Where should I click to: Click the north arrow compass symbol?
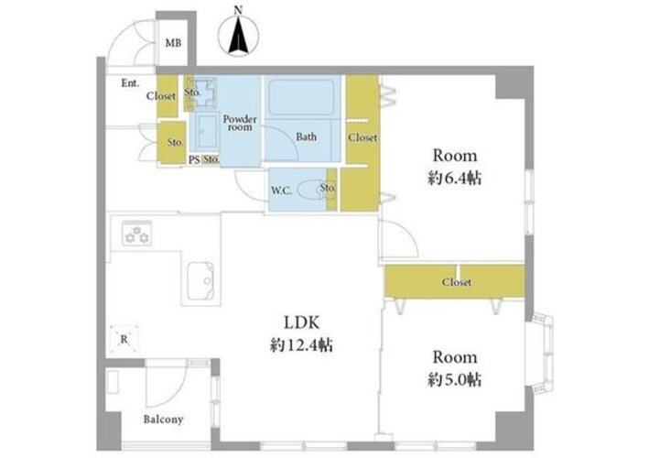(x=239, y=34)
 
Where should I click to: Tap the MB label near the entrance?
(x=173, y=43)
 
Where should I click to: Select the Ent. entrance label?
(x=130, y=83)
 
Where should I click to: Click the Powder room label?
(x=240, y=123)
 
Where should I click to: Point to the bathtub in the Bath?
(x=301, y=97)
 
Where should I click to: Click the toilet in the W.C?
(x=311, y=191)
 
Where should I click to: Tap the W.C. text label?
(x=281, y=191)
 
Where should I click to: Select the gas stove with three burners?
(x=137, y=234)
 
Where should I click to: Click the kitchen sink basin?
(x=200, y=281)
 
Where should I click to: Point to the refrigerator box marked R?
(x=124, y=339)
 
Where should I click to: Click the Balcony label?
(x=163, y=420)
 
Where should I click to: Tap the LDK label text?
(x=301, y=322)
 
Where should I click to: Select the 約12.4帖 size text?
(x=301, y=345)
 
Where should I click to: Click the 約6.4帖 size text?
(x=454, y=179)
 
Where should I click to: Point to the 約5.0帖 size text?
(x=454, y=380)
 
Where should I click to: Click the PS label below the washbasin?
(x=194, y=160)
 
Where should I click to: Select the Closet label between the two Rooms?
(x=456, y=282)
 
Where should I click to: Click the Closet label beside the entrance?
(x=161, y=96)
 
